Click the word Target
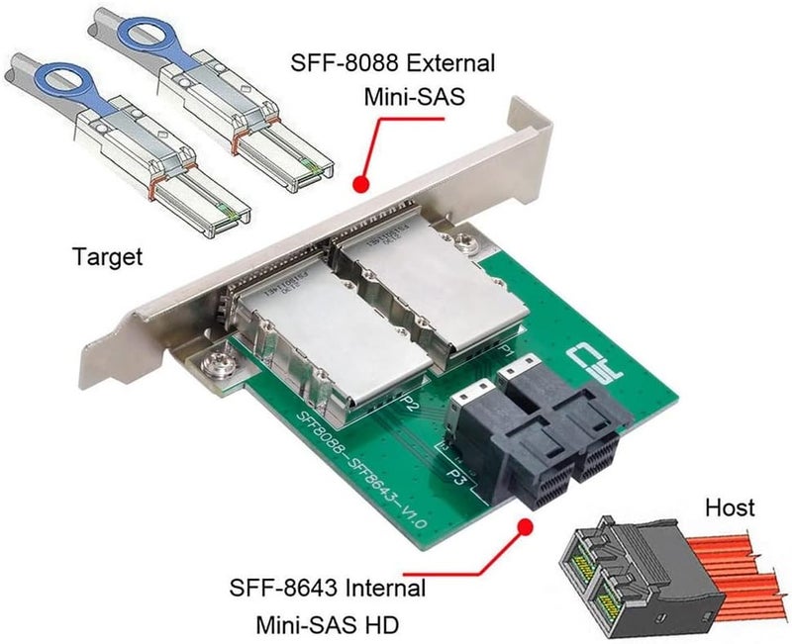point(108,257)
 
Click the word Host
point(730,508)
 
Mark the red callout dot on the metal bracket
point(361,184)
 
